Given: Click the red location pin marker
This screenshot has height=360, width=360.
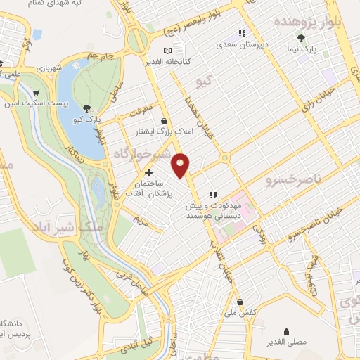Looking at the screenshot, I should click(x=181, y=164).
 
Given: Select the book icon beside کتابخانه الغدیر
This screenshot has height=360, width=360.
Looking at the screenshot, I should click(x=167, y=51).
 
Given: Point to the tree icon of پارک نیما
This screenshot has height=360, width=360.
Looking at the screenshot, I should click(x=301, y=38).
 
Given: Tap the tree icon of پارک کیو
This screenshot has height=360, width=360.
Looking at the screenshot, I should click(x=86, y=108).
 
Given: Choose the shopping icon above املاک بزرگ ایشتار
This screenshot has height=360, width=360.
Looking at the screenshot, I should click(x=163, y=121).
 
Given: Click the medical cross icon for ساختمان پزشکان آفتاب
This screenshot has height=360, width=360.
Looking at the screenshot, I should click(x=148, y=172).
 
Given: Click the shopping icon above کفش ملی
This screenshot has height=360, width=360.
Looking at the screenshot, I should click(x=240, y=301).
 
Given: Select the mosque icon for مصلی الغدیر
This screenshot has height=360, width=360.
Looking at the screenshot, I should click(x=285, y=331).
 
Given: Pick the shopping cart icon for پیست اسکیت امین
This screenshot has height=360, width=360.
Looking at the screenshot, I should click(x=36, y=92).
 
